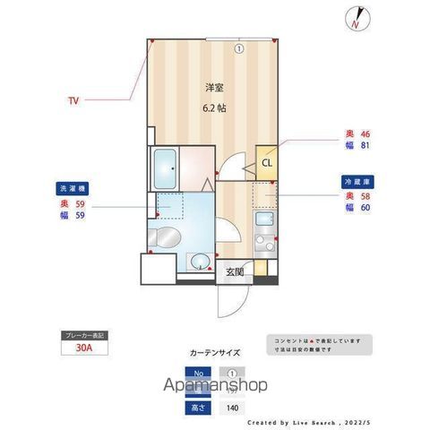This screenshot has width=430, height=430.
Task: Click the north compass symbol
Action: coord(357,19)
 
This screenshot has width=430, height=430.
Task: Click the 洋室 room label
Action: coord(214,88)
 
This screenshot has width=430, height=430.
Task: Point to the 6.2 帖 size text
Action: coord(214,108)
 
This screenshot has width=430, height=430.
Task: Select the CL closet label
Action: coord(267,162)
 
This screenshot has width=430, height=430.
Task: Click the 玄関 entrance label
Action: coord(234,271)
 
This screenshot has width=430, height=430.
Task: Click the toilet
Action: coord(164,238)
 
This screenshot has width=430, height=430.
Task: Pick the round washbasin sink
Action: coord(200,262)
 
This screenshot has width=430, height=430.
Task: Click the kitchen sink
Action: coord(265,220)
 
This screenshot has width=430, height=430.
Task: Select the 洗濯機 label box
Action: coord(74,189)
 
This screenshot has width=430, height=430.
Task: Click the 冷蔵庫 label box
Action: coord(355,181)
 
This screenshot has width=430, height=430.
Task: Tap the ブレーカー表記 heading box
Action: coord(84,336)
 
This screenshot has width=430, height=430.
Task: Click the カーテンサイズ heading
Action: coord(214,352)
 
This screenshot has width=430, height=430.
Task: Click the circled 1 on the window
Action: coord(239,48)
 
